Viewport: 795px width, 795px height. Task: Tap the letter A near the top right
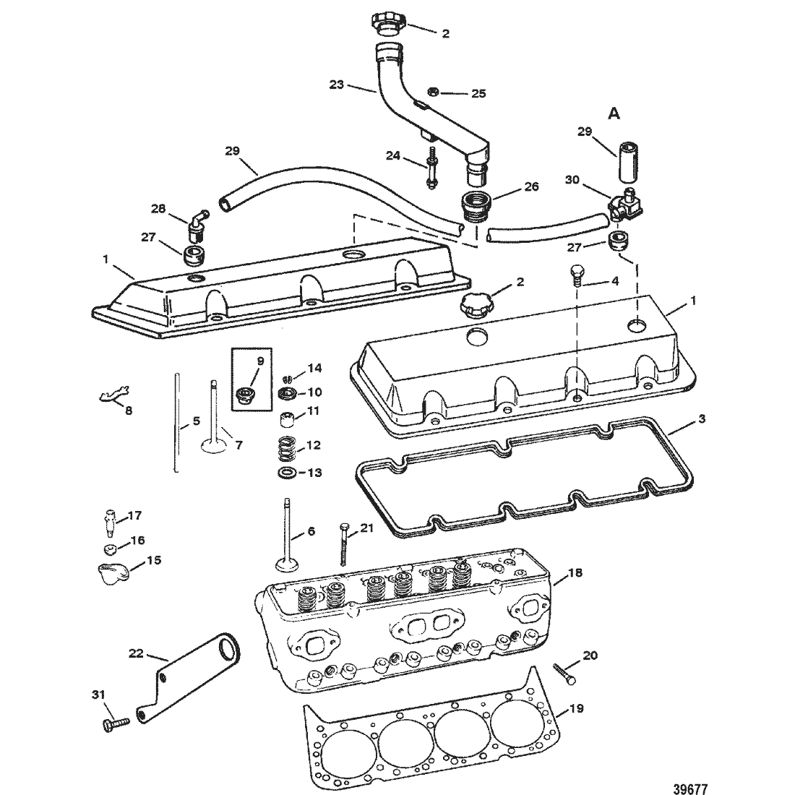(614, 114)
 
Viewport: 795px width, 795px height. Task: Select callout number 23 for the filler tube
(337, 85)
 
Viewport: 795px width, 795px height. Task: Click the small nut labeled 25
(433, 92)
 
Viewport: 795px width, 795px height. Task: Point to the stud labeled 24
(431, 168)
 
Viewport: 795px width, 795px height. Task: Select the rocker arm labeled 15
(112, 573)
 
